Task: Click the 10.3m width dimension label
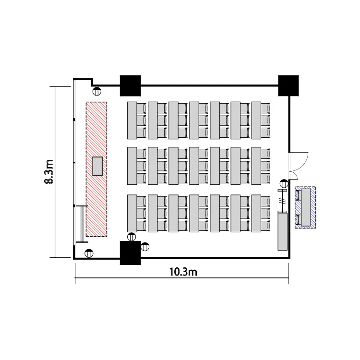point(183,272)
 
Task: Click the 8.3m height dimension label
point(48,172)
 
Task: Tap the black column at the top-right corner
point(288,85)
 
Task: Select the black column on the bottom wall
point(131,253)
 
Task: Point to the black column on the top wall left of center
point(131,85)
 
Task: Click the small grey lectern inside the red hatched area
point(97,166)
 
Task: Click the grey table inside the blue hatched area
point(306,207)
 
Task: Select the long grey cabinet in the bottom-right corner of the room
point(282,231)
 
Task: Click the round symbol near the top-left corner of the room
point(97,91)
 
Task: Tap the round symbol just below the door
point(284,184)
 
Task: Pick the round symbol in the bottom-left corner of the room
point(89,253)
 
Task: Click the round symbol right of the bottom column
point(145,247)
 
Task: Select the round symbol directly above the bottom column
point(132,237)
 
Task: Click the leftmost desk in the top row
point(132,120)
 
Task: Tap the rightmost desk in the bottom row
point(256,213)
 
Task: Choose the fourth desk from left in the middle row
point(194,166)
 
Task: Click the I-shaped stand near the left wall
point(82,224)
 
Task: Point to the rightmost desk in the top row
point(256,120)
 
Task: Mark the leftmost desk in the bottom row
point(132,213)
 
